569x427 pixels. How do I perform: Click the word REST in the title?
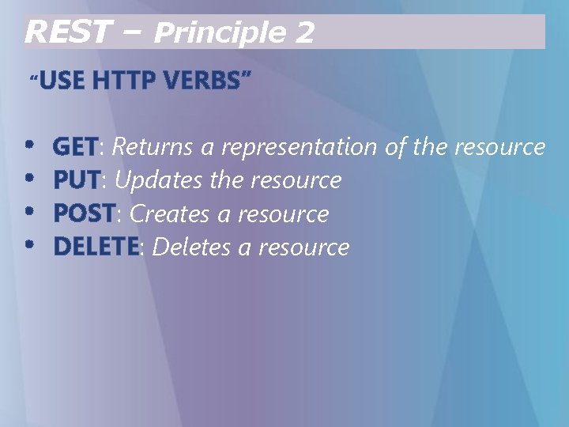(65, 32)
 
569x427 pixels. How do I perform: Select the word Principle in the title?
(217, 33)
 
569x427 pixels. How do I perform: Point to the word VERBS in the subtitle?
(205, 80)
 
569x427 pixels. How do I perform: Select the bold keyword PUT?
(77, 180)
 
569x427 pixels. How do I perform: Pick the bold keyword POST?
(84, 213)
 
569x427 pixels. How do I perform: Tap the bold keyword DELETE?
(96, 247)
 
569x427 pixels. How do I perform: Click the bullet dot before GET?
(30, 145)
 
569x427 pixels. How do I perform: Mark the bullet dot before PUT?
(30, 179)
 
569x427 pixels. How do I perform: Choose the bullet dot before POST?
(30, 212)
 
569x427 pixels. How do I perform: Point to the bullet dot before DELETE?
(30, 245)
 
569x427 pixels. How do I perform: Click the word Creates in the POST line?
(168, 213)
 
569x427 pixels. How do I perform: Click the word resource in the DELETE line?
(303, 248)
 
